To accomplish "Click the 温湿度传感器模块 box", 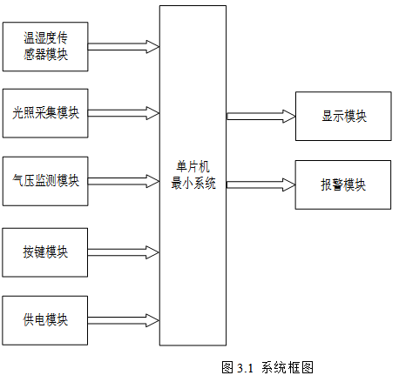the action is tap(45, 46).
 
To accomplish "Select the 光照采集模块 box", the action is tap(45, 113).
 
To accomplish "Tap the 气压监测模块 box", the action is tap(45, 181).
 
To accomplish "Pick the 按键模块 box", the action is tap(45, 252).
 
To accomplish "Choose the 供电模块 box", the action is tap(45, 320).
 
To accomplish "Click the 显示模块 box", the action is tap(343, 117).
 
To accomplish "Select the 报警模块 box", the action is tap(343, 184).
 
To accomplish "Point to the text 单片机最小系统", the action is tap(193, 175).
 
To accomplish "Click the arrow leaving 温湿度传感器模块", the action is tap(124, 47).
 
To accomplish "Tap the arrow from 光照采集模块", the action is tap(124, 113).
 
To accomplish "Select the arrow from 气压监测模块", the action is tap(124, 181).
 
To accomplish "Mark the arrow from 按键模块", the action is tap(124, 252).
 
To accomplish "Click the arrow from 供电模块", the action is tap(124, 320).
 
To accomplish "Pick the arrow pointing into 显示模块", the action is tap(261, 117).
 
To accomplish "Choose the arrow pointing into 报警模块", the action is tap(260, 184).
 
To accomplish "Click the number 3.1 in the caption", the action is tap(245, 368).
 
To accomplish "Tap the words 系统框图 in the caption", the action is tap(287, 367).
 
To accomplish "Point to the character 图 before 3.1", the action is tap(227, 367).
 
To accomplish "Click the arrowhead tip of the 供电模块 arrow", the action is tap(159, 320).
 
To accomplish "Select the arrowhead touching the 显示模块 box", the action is tap(289, 117).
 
